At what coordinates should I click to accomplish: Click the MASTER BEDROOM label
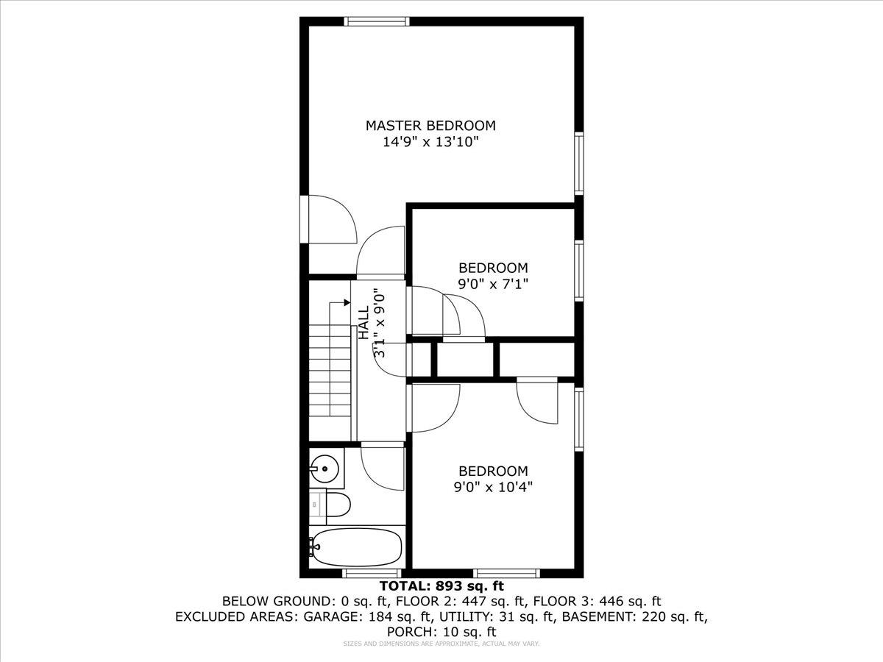[x=430, y=125]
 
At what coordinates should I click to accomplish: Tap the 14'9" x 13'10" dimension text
[x=430, y=142]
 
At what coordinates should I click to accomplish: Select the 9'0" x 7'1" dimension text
[x=493, y=282]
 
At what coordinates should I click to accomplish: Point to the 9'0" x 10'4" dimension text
[x=493, y=486]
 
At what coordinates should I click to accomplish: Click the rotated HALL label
[x=364, y=324]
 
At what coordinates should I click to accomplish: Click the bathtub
[x=357, y=547]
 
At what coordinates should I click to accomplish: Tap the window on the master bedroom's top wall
[x=377, y=21]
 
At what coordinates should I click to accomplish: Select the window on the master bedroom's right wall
[x=579, y=163]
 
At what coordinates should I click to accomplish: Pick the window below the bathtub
[x=372, y=573]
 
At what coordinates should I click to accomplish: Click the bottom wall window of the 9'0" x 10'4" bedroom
[x=506, y=573]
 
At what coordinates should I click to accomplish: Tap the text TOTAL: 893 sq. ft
[x=441, y=586]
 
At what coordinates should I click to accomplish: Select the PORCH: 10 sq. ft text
[x=441, y=631]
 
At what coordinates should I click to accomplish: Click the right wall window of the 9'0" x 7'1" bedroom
[x=579, y=271]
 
